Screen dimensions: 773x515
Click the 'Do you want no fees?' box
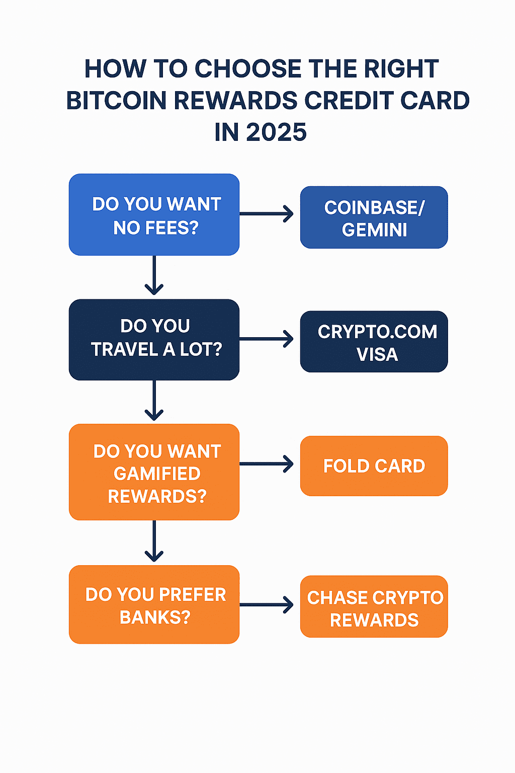[x=154, y=214]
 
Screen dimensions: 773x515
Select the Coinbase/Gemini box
[x=374, y=217]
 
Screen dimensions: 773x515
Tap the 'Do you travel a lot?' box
[x=154, y=340]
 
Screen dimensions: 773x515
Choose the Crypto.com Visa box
[x=374, y=342]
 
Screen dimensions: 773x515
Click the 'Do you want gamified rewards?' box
[x=154, y=472]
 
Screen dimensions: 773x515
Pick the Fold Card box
[x=374, y=466]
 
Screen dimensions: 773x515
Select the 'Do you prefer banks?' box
[x=154, y=604]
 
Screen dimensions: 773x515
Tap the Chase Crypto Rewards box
[x=374, y=607]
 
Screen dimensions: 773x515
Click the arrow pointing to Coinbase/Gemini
[x=267, y=214]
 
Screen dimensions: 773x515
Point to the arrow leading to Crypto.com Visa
[x=267, y=339]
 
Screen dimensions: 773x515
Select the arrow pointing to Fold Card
[x=267, y=463]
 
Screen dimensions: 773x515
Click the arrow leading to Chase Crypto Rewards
[x=267, y=604]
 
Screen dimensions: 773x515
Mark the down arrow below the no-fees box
[x=154, y=275]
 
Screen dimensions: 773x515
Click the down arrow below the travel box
[x=154, y=401]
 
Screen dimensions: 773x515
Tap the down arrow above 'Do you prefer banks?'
[x=154, y=542]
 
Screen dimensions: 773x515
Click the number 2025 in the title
[x=276, y=132]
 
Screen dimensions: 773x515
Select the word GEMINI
[x=375, y=230]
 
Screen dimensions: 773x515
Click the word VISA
[x=377, y=354]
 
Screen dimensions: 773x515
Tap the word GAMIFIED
[x=157, y=474]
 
